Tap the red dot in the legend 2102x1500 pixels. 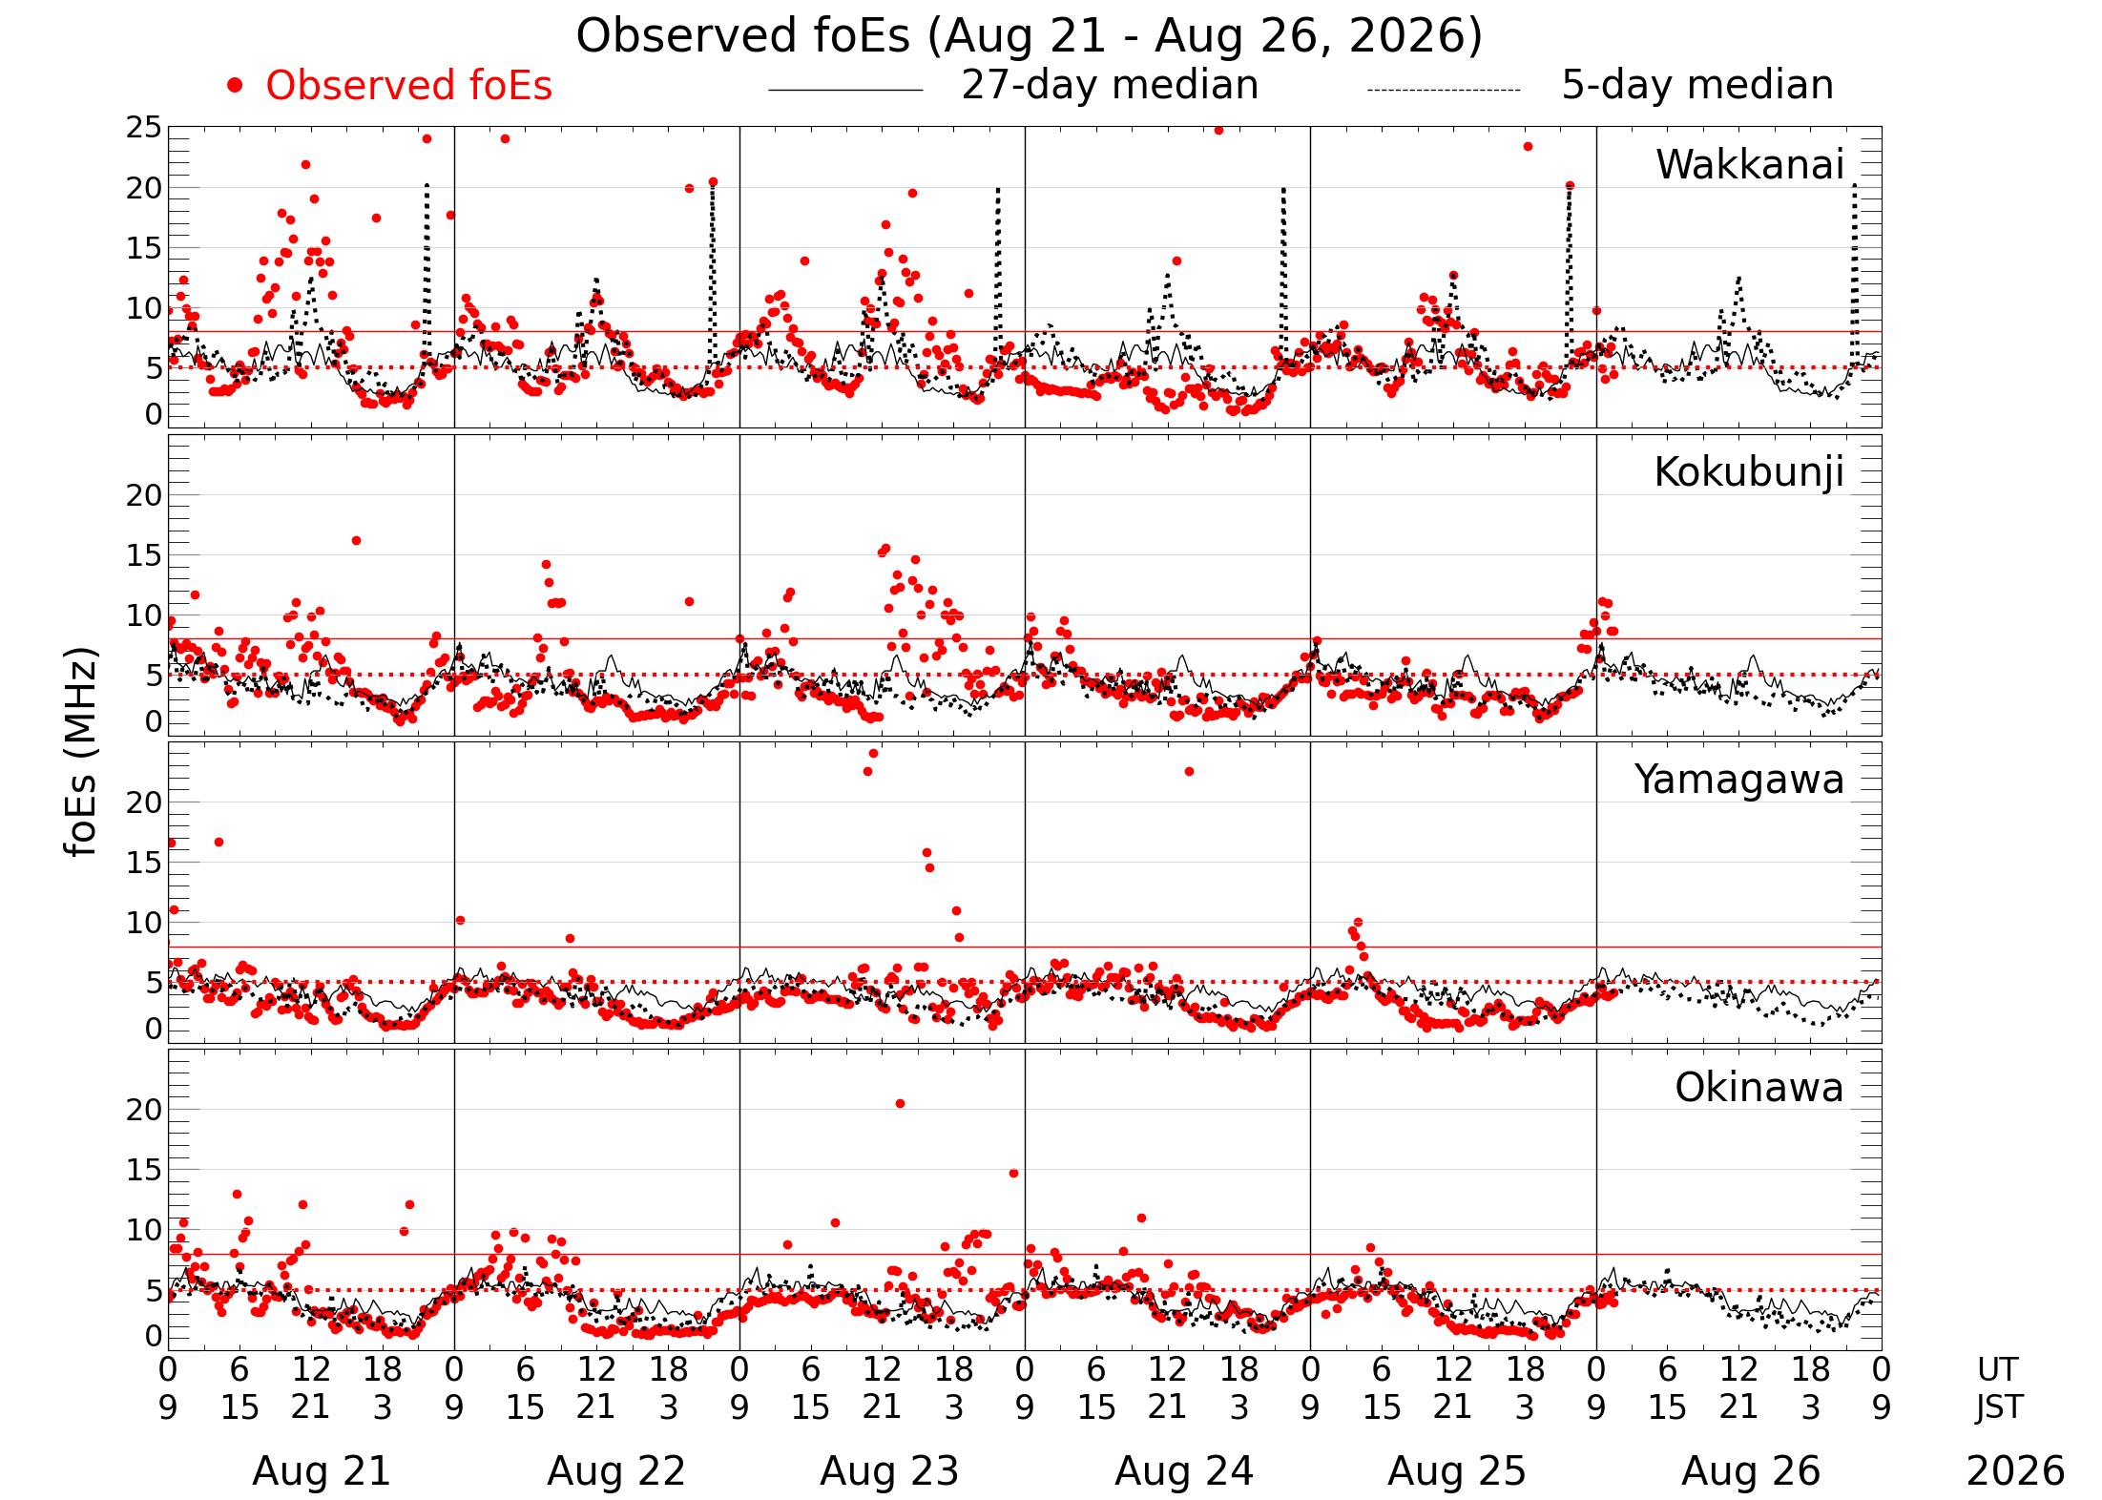coord(235,86)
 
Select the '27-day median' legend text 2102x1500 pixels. coord(1110,85)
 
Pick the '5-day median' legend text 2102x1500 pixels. coord(1697,85)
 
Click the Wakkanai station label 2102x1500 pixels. coord(1750,164)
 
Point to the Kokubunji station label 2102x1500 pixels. coord(1749,472)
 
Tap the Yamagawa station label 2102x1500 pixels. coord(1739,780)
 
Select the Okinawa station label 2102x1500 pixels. coord(1759,1088)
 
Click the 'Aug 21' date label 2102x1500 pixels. coord(322,1471)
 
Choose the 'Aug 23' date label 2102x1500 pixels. coord(889,1471)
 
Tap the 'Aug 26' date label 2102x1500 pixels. coord(1751,1471)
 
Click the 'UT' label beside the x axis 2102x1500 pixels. coord(1997,1370)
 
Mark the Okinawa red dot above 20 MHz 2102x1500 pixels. coord(900,1104)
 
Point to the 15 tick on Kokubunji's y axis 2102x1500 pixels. coord(144,555)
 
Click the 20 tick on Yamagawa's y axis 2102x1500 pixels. coord(144,802)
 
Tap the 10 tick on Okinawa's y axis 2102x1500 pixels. coord(144,1230)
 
